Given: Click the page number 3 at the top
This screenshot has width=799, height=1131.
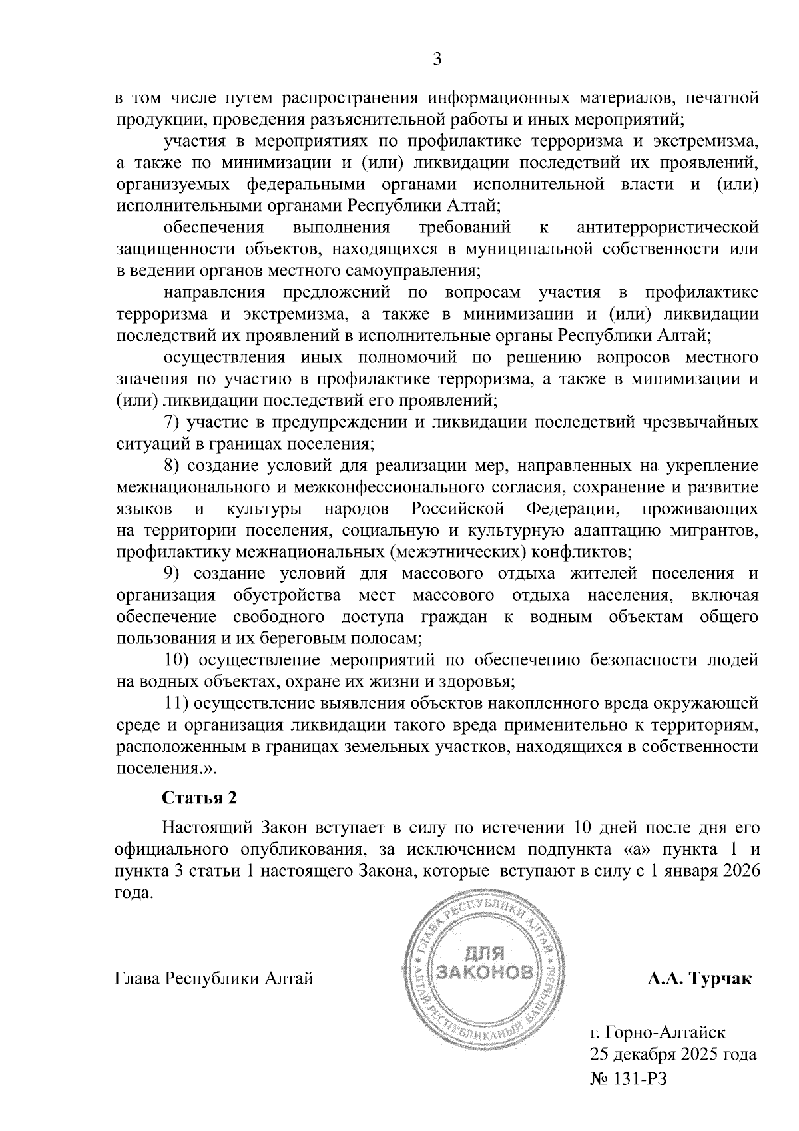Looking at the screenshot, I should point(437,59).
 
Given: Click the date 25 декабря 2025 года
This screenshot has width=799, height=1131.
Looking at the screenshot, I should point(672,1055).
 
